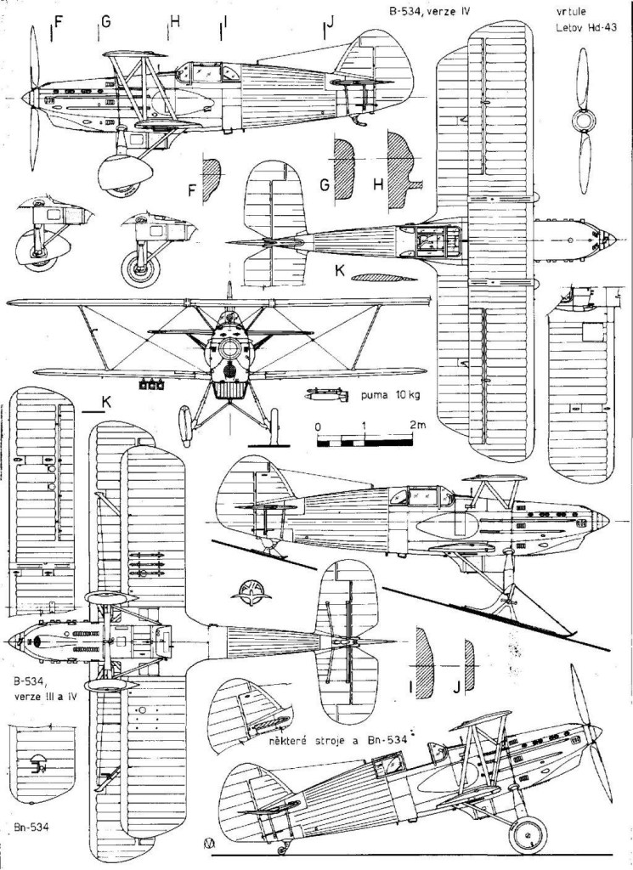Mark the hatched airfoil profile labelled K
tap(378, 278)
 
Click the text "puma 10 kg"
tap(370, 395)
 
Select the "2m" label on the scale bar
tap(416, 425)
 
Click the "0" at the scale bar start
tap(317, 425)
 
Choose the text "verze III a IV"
tap(42, 698)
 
